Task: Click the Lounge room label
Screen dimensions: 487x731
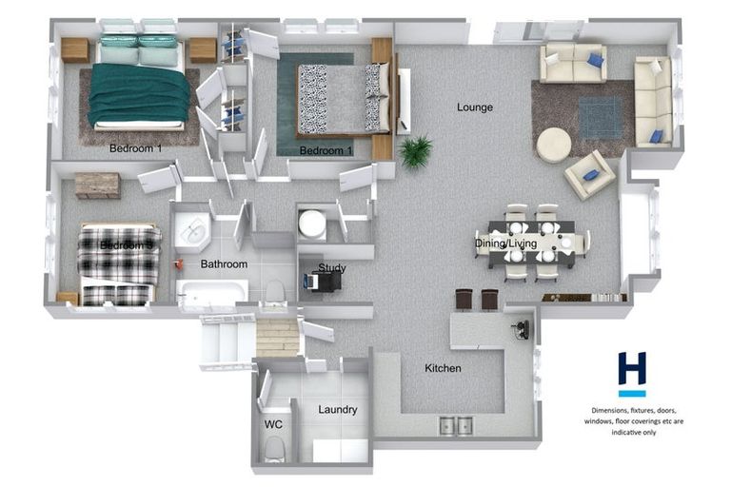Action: click(x=474, y=107)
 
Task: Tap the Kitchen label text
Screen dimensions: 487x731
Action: click(x=443, y=368)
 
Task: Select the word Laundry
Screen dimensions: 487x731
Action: click(x=338, y=410)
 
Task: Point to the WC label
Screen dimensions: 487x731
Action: click(x=272, y=425)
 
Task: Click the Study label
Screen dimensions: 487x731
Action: click(x=332, y=268)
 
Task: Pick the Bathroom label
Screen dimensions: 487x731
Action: click(x=224, y=264)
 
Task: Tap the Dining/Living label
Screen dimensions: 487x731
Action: click(x=506, y=244)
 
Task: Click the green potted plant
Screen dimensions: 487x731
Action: click(x=415, y=151)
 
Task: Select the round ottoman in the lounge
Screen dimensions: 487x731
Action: click(x=554, y=146)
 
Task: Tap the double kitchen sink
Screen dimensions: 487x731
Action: click(x=456, y=426)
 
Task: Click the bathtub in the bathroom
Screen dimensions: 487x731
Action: click(x=211, y=295)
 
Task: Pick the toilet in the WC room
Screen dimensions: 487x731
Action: click(x=273, y=447)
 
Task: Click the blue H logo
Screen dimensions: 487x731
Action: click(x=631, y=371)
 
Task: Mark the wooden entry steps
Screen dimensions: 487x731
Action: click(x=278, y=337)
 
